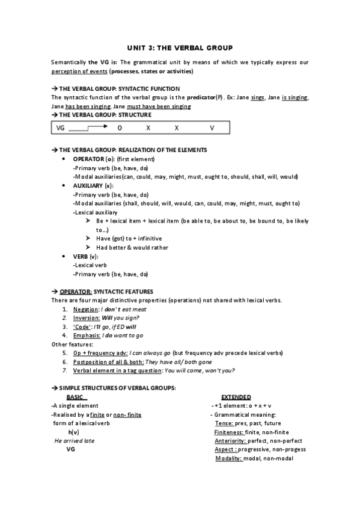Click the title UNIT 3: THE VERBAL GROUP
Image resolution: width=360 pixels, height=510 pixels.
pos(180,47)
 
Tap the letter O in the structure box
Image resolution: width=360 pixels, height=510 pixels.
pos(120,127)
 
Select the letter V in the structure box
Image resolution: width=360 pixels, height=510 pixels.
pos(212,127)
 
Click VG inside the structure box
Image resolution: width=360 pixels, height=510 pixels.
pos(61,127)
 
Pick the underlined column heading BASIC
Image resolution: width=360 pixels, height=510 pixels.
pos(76,397)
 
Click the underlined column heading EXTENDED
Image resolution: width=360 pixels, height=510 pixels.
pos(236,397)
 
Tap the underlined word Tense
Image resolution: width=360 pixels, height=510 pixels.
pos(225,423)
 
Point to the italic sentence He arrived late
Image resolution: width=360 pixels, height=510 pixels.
pos(75,441)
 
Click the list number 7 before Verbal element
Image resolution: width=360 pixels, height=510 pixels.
pos(64,370)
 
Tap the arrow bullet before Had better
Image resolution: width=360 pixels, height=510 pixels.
pos(88,247)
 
